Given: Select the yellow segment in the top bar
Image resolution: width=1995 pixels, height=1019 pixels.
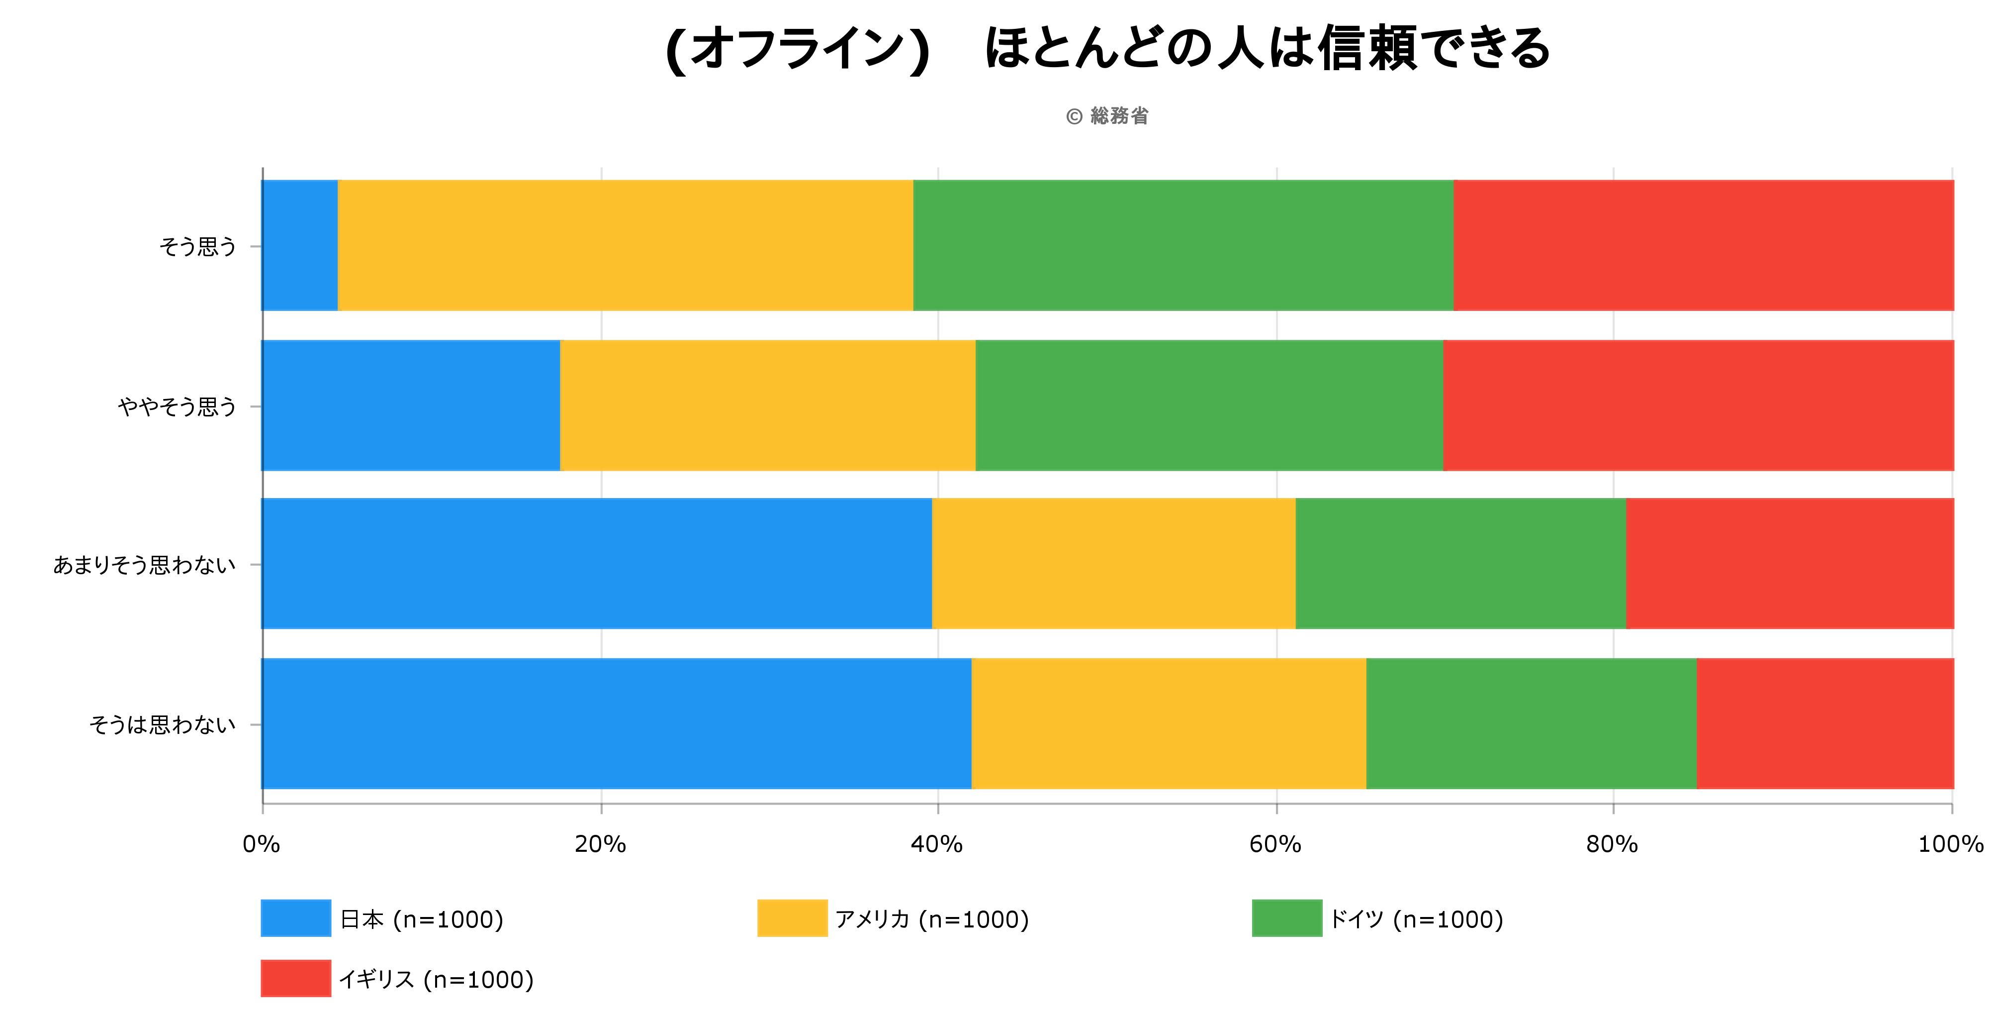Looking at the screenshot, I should click(625, 245).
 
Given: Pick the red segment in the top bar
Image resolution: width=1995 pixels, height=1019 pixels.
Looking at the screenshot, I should click(1704, 245).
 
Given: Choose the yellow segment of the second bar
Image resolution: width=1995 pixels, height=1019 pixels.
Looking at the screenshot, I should click(767, 405).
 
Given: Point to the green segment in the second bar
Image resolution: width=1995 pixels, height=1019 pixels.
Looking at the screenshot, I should click(1209, 405).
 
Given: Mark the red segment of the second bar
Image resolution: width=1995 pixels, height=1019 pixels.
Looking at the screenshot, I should click(1698, 405).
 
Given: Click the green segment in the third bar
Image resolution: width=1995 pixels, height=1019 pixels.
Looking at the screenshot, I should click(1460, 563).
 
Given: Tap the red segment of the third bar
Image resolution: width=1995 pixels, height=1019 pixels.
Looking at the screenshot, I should click(1790, 563).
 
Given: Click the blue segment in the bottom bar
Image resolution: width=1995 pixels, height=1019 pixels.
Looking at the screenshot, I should click(617, 723).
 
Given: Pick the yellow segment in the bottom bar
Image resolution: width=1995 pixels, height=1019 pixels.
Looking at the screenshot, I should click(1169, 723).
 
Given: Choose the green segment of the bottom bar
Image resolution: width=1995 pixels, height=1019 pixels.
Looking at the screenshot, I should click(1531, 723).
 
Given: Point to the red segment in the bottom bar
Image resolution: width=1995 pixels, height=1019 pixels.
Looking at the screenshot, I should click(1825, 723).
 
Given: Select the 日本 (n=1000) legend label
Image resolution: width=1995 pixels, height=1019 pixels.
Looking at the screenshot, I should click(422, 919).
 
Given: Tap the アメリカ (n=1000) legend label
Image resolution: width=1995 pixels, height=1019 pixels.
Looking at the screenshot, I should click(932, 919).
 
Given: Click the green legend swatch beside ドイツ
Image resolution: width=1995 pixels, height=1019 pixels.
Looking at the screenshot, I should click(1286, 918).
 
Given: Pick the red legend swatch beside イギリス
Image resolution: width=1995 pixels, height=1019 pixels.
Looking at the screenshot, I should click(295, 979).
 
